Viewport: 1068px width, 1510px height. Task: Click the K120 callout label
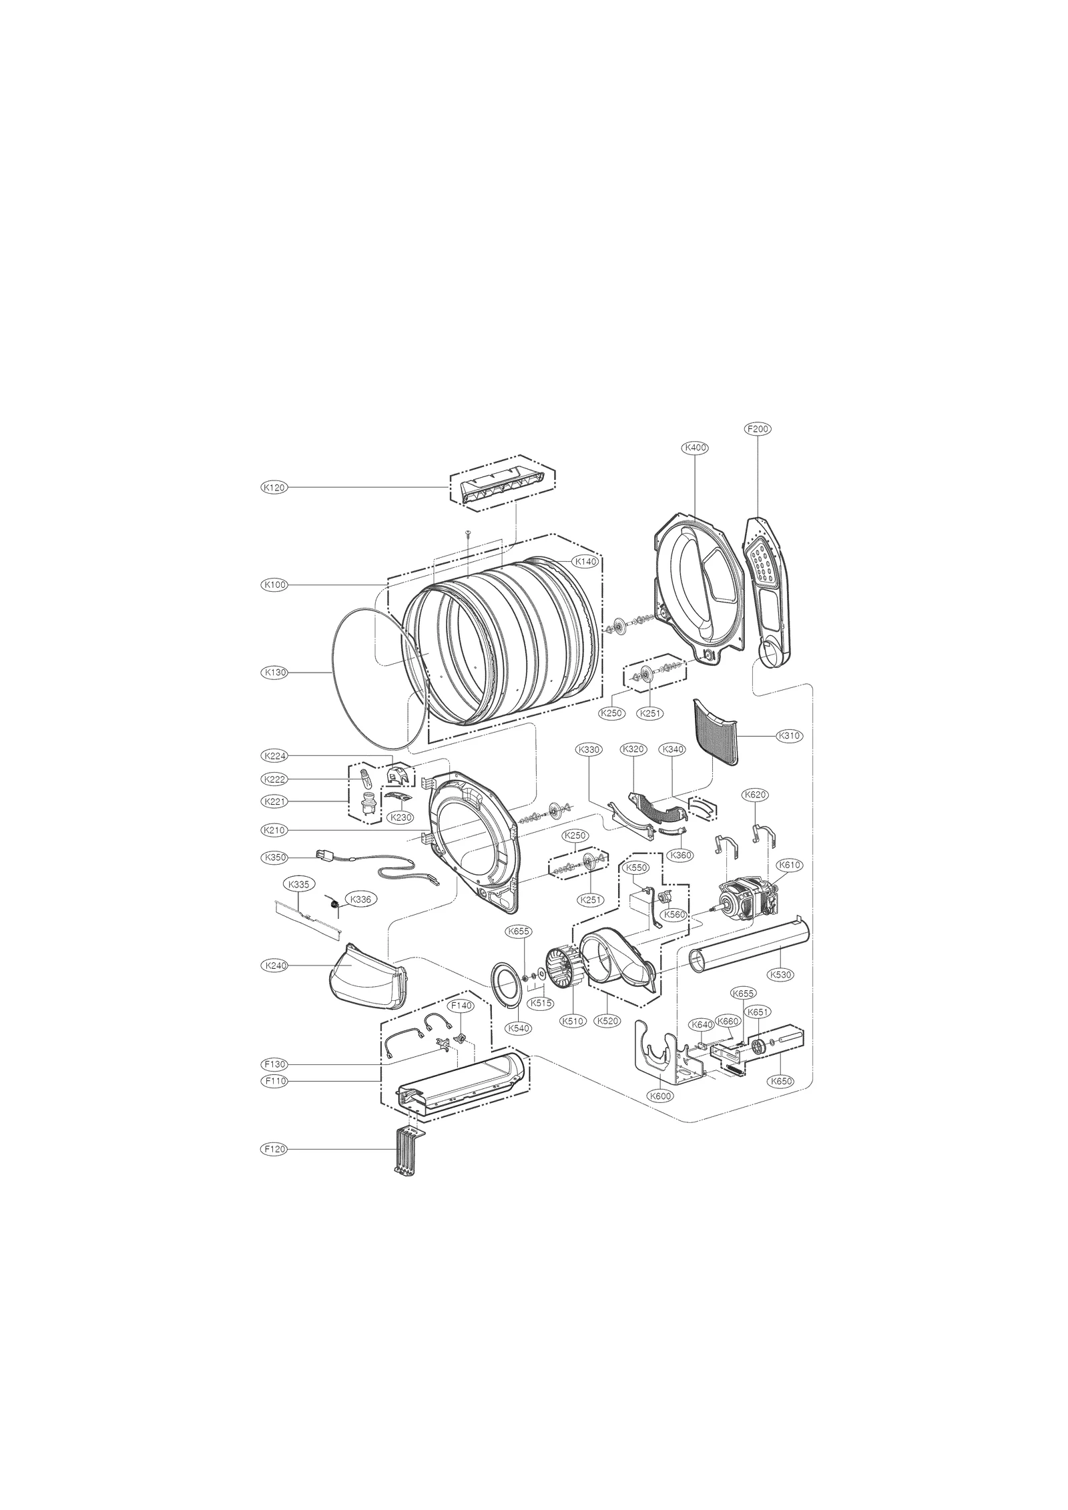[274, 488]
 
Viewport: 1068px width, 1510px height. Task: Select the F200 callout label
[758, 429]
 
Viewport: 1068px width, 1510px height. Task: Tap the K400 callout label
[695, 448]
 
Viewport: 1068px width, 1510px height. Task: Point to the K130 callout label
[274, 673]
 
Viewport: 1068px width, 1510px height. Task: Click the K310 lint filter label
[789, 736]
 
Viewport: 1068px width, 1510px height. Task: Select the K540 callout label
[519, 1028]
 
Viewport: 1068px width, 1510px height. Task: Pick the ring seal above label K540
[505, 985]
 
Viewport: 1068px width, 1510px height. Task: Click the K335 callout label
[299, 885]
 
